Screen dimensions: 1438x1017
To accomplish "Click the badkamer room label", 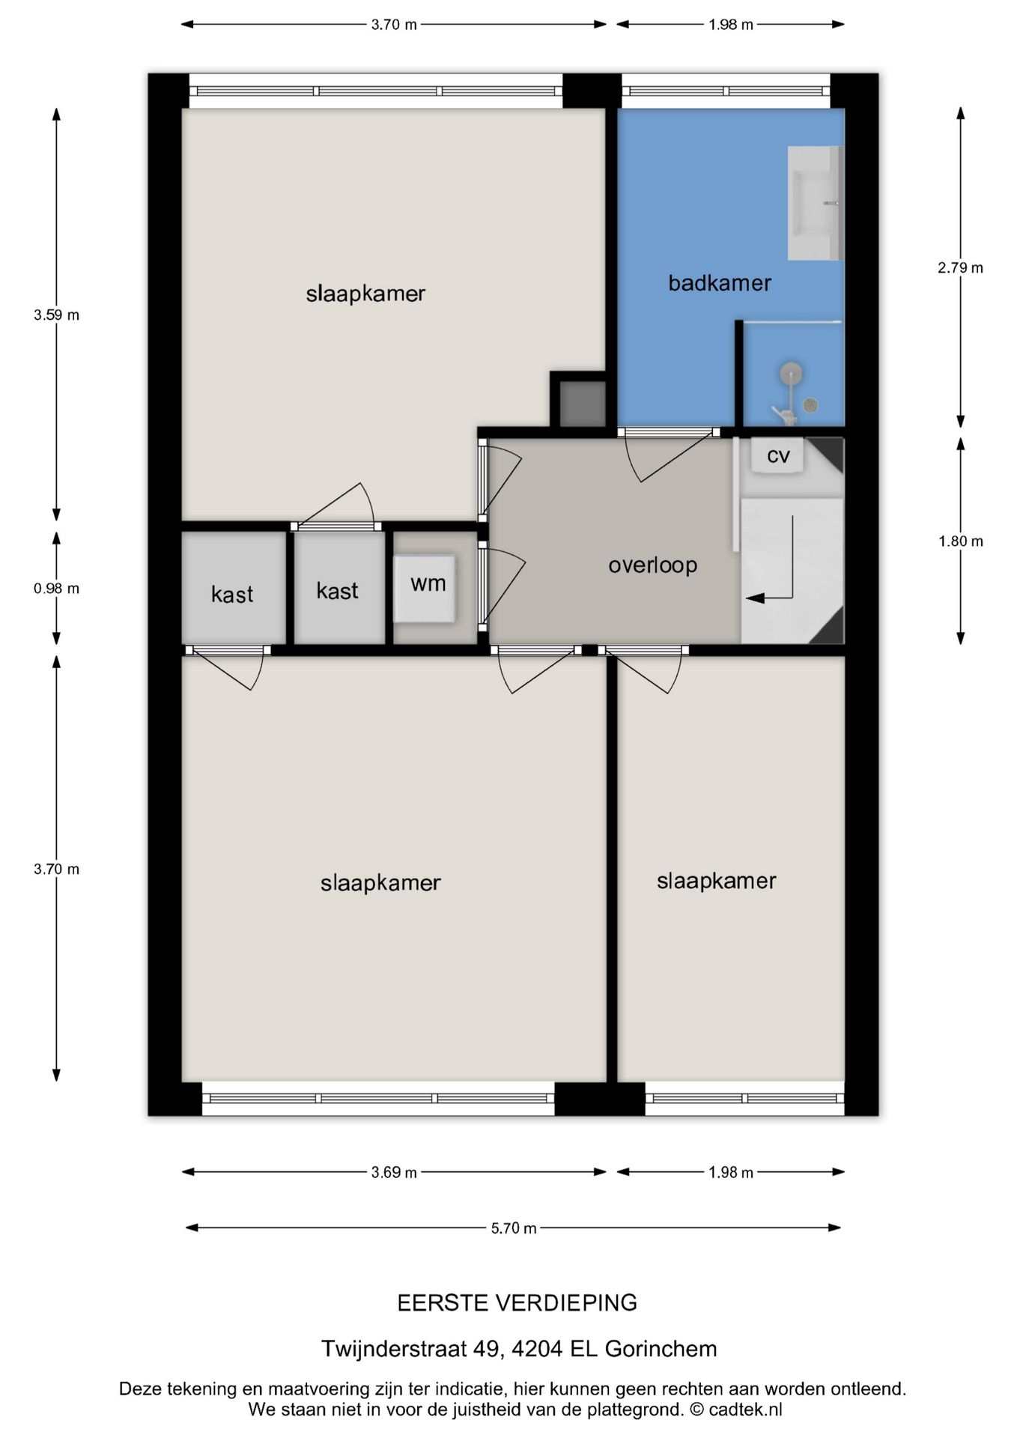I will click(719, 283).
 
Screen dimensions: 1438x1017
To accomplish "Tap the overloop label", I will click(652, 565).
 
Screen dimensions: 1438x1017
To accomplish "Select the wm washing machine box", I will click(425, 588).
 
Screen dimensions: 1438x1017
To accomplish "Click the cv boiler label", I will click(778, 455).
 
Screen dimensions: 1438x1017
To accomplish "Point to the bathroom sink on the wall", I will click(815, 203).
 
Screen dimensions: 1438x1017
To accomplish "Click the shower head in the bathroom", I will click(791, 373).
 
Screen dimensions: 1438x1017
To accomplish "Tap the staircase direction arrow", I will click(756, 598).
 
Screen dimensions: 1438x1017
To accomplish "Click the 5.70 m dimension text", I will click(514, 1228).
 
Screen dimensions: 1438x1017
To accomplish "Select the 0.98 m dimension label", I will click(56, 589).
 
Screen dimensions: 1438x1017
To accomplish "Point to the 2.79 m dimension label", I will click(960, 268).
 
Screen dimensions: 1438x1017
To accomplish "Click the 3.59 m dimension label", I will click(56, 315).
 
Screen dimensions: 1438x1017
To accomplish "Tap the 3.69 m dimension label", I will click(394, 1172).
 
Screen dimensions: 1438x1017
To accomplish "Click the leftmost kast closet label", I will click(232, 595).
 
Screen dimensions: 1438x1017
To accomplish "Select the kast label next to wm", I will click(337, 591).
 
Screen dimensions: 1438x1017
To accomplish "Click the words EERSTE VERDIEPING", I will click(517, 1303).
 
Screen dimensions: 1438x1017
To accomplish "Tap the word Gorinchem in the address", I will click(661, 1349).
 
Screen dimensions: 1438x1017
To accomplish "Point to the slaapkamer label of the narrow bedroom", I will click(716, 881).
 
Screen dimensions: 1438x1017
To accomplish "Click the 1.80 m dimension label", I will click(960, 541).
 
